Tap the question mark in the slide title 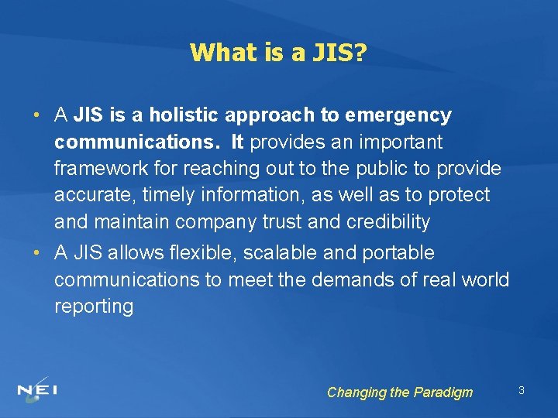(362, 52)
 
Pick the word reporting (94, 307)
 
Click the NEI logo (37, 388)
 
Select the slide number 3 (522, 390)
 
